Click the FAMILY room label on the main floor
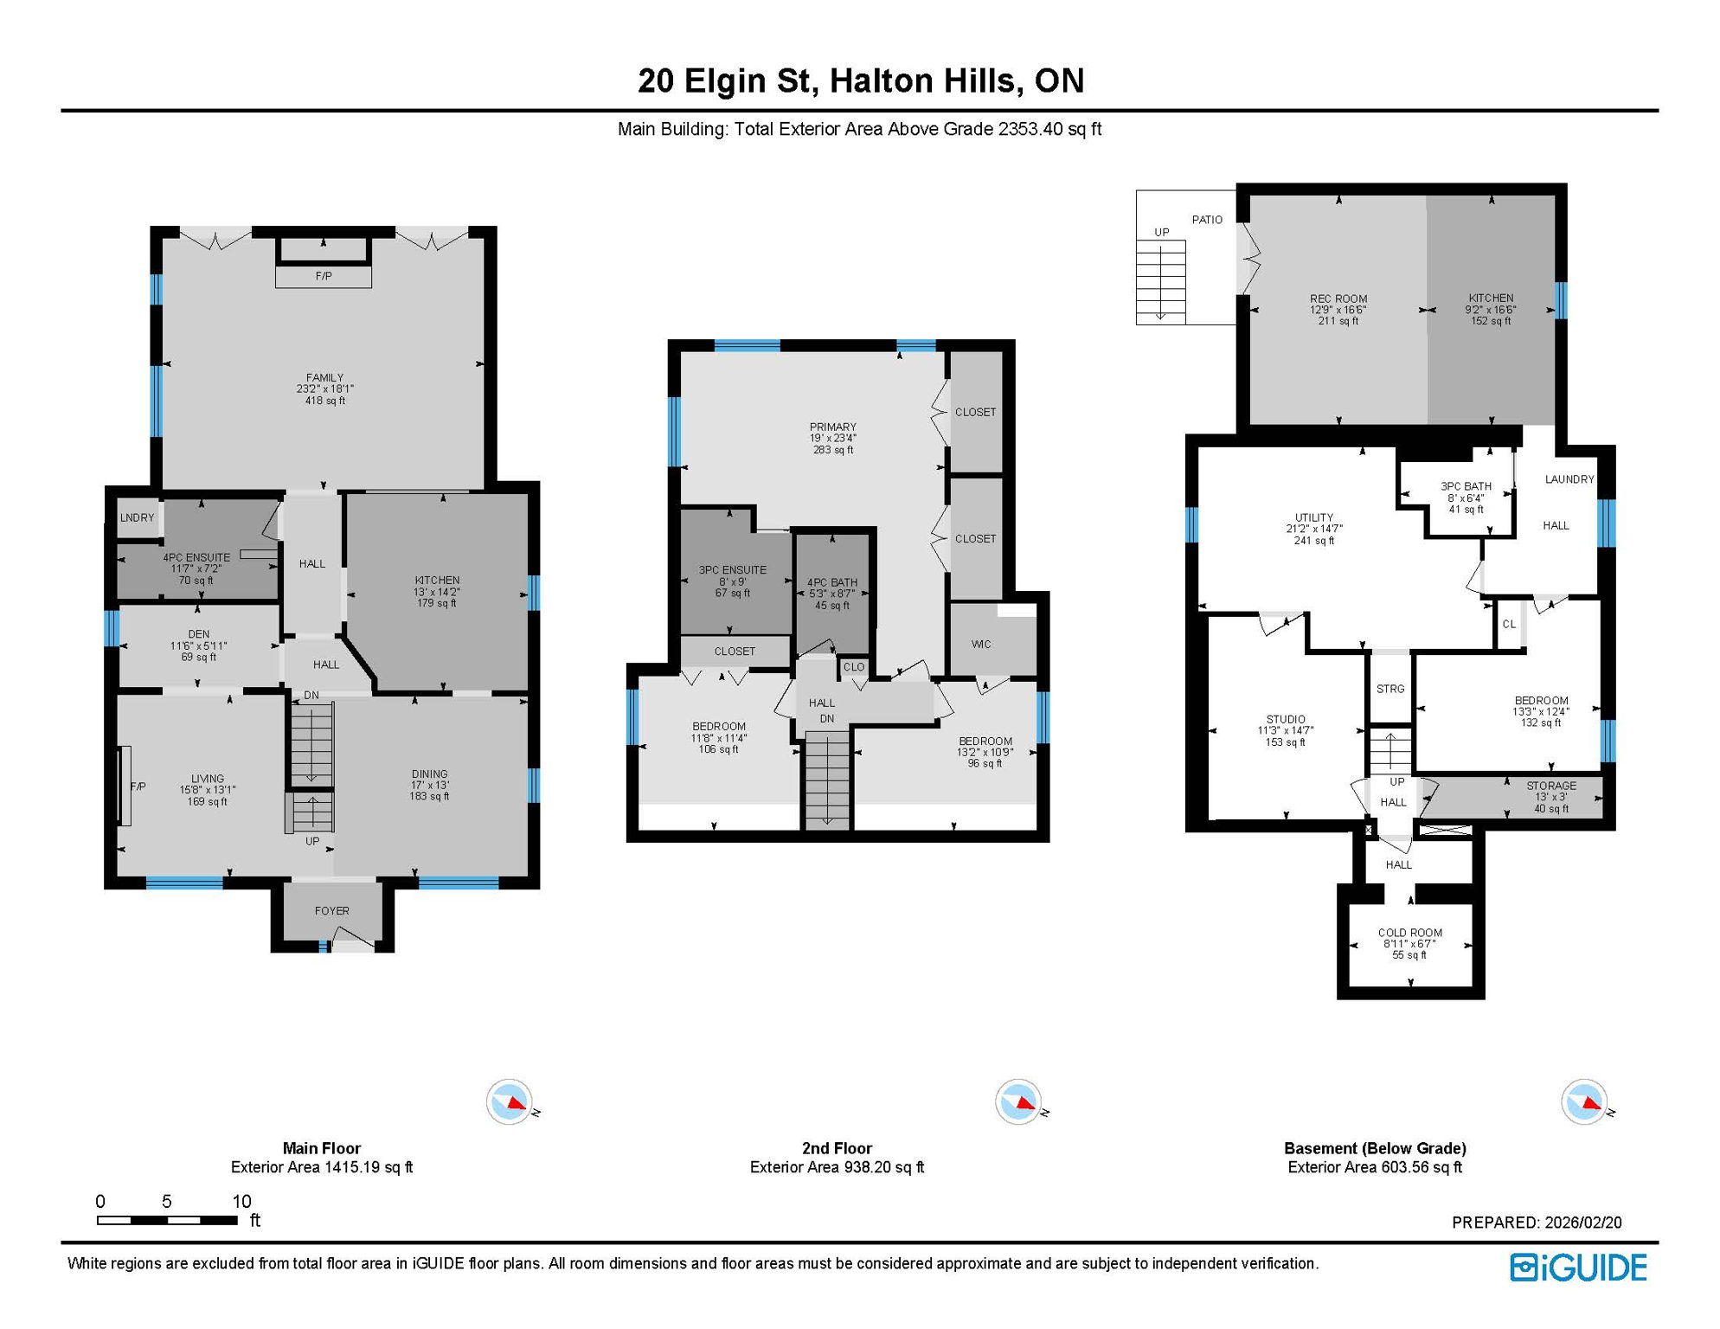324,378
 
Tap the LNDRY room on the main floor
138,518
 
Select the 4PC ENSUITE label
196,558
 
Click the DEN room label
198,634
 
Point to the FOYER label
331,911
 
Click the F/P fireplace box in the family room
324,277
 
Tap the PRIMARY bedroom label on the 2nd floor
832,427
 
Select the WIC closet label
981,645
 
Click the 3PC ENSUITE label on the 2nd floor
733,570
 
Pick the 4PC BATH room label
831,583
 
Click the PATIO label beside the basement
1207,220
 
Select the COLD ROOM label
1410,933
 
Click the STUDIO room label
1286,720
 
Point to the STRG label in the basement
1390,690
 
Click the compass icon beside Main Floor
510,1102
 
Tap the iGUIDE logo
1578,1268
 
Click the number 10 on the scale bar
241,1202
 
